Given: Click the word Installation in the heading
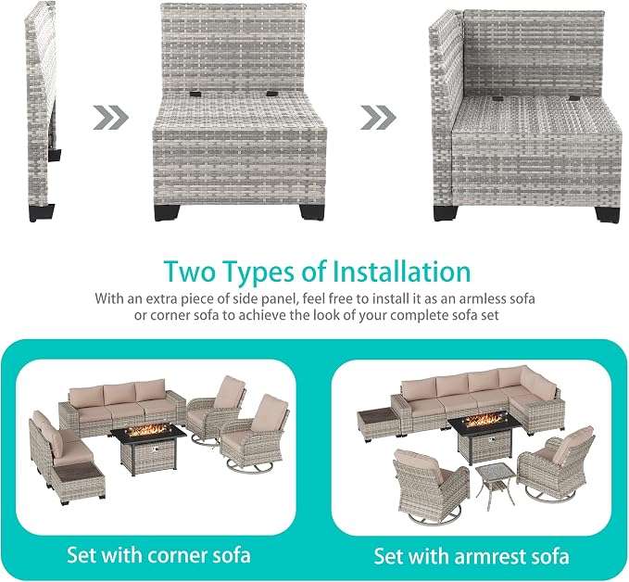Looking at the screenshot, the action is coord(401,272).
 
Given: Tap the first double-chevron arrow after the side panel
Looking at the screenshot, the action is coord(111,118).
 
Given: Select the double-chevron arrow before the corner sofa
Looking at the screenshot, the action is coord(378,118).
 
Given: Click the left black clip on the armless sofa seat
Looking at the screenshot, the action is coord(196,94).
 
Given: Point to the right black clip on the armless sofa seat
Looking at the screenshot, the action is coord(272,94).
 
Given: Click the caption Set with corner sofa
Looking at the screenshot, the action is coord(158,555).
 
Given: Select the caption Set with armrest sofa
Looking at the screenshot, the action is coord(472,556).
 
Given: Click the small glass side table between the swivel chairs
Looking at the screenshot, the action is coord(495,486).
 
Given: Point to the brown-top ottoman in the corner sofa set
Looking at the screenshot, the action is coord(78,482).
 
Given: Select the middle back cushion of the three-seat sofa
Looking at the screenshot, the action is coord(120,393).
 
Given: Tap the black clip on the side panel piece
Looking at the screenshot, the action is coord(56,156).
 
